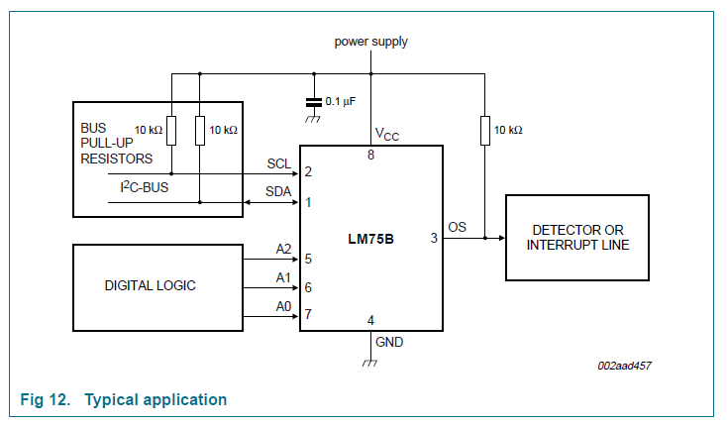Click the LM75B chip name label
tap(371, 238)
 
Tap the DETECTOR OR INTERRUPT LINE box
tap(577, 238)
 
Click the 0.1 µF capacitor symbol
tap(314, 101)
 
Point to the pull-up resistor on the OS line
tap(484, 131)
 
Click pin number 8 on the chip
tap(371, 154)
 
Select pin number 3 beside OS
tap(433, 238)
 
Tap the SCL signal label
tap(279, 163)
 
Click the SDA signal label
tap(279, 192)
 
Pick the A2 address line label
tap(283, 250)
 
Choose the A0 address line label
tap(283, 306)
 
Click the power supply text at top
tap(370, 42)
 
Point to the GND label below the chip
tap(388, 342)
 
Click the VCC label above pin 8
tap(386, 135)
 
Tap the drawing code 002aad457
tap(624, 366)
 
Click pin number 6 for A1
tap(309, 287)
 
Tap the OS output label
tap(457, 227)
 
